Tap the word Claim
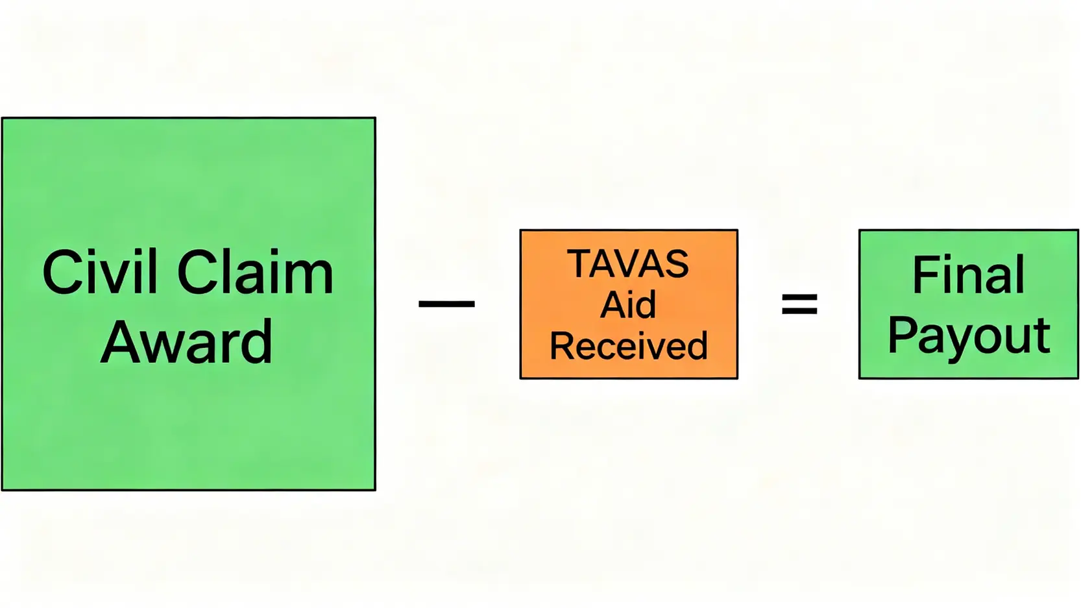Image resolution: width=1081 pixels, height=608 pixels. (x=255, y=272)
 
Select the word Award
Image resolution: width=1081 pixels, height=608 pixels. (x=187, y=342)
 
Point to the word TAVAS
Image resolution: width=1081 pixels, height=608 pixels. (x=628, y=264)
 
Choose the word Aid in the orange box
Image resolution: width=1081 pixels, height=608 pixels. (x=628, y=304)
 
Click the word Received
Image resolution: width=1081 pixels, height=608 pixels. (x=628, y=346)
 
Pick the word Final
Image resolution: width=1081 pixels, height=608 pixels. (x=968, y=275)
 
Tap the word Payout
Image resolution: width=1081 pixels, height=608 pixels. (x=968, y=336)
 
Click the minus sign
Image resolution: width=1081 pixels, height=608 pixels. (x=446, y=303)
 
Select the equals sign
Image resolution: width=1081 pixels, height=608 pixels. (x=799, y=304)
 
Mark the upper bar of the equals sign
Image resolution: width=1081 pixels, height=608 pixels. (x=799, y=297)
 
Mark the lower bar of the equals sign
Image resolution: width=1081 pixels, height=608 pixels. (x=799, y=311)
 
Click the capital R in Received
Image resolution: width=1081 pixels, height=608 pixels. (x=562, y=346)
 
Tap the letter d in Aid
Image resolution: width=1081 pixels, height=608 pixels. (x=645, y=304)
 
